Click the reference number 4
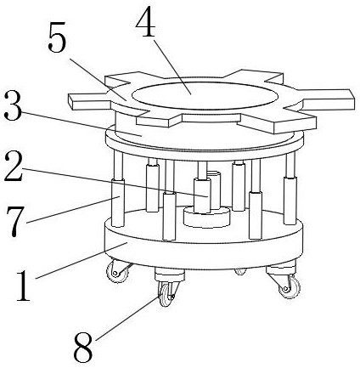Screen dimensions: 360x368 145,23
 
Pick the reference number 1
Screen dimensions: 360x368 23,286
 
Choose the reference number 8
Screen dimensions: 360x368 83,347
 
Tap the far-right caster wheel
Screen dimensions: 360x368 290,286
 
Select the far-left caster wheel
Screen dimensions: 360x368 117,272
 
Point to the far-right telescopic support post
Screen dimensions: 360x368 290,189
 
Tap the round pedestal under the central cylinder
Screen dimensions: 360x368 206,218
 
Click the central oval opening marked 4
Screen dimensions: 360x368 205,96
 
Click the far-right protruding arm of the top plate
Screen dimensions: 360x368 329,99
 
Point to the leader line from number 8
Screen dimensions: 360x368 130,317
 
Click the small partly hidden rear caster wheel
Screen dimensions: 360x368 240,271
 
